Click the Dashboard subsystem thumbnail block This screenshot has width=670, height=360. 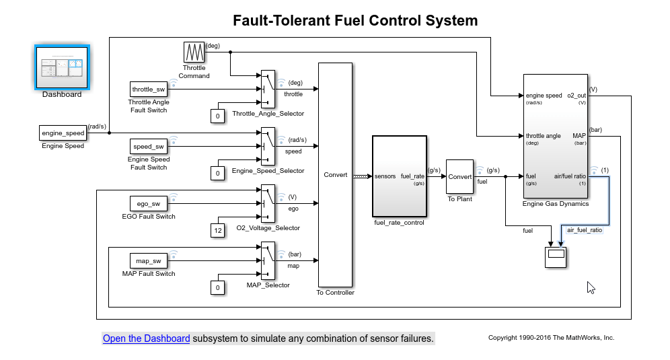coord(62,67)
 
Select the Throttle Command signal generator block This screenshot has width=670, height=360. coord(194,52)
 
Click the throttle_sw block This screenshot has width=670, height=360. coord(149,89)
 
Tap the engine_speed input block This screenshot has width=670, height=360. coord(63,133)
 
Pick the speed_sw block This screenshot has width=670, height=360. coord(149,146)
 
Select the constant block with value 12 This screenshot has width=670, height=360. coord(217,231)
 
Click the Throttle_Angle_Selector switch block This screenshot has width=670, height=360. coord(268,89)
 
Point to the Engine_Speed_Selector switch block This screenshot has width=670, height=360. coord(268,146)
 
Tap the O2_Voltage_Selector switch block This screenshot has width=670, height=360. coord(268,203)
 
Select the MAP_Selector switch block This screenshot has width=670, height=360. coord(268,260)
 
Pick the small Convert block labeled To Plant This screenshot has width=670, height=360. coord(460,177)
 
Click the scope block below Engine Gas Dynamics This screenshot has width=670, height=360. coord(556,256)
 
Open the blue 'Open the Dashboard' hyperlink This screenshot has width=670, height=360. coord(146,338)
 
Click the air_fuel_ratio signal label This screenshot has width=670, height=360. coord(585,230)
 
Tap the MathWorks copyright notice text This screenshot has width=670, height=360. coord(551,338)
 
